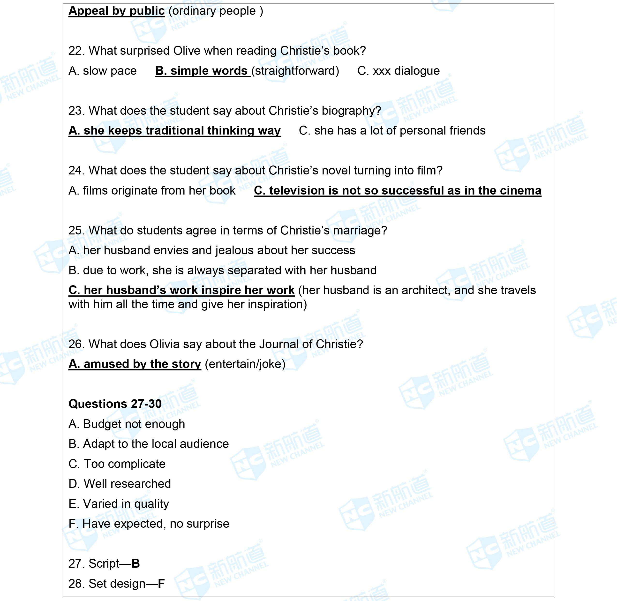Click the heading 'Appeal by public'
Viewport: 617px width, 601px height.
click(116, 11)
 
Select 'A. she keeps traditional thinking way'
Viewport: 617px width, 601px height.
click(174, 131)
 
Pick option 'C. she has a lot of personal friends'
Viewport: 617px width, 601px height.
click(392, 131)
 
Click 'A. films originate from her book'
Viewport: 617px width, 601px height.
click(152, 191)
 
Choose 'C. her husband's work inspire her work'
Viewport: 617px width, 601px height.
click(181, 290)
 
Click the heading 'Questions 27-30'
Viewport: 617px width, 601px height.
click(115, 404)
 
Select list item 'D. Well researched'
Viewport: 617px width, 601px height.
click(120, 484)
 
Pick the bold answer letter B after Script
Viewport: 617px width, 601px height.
click(136, 563)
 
